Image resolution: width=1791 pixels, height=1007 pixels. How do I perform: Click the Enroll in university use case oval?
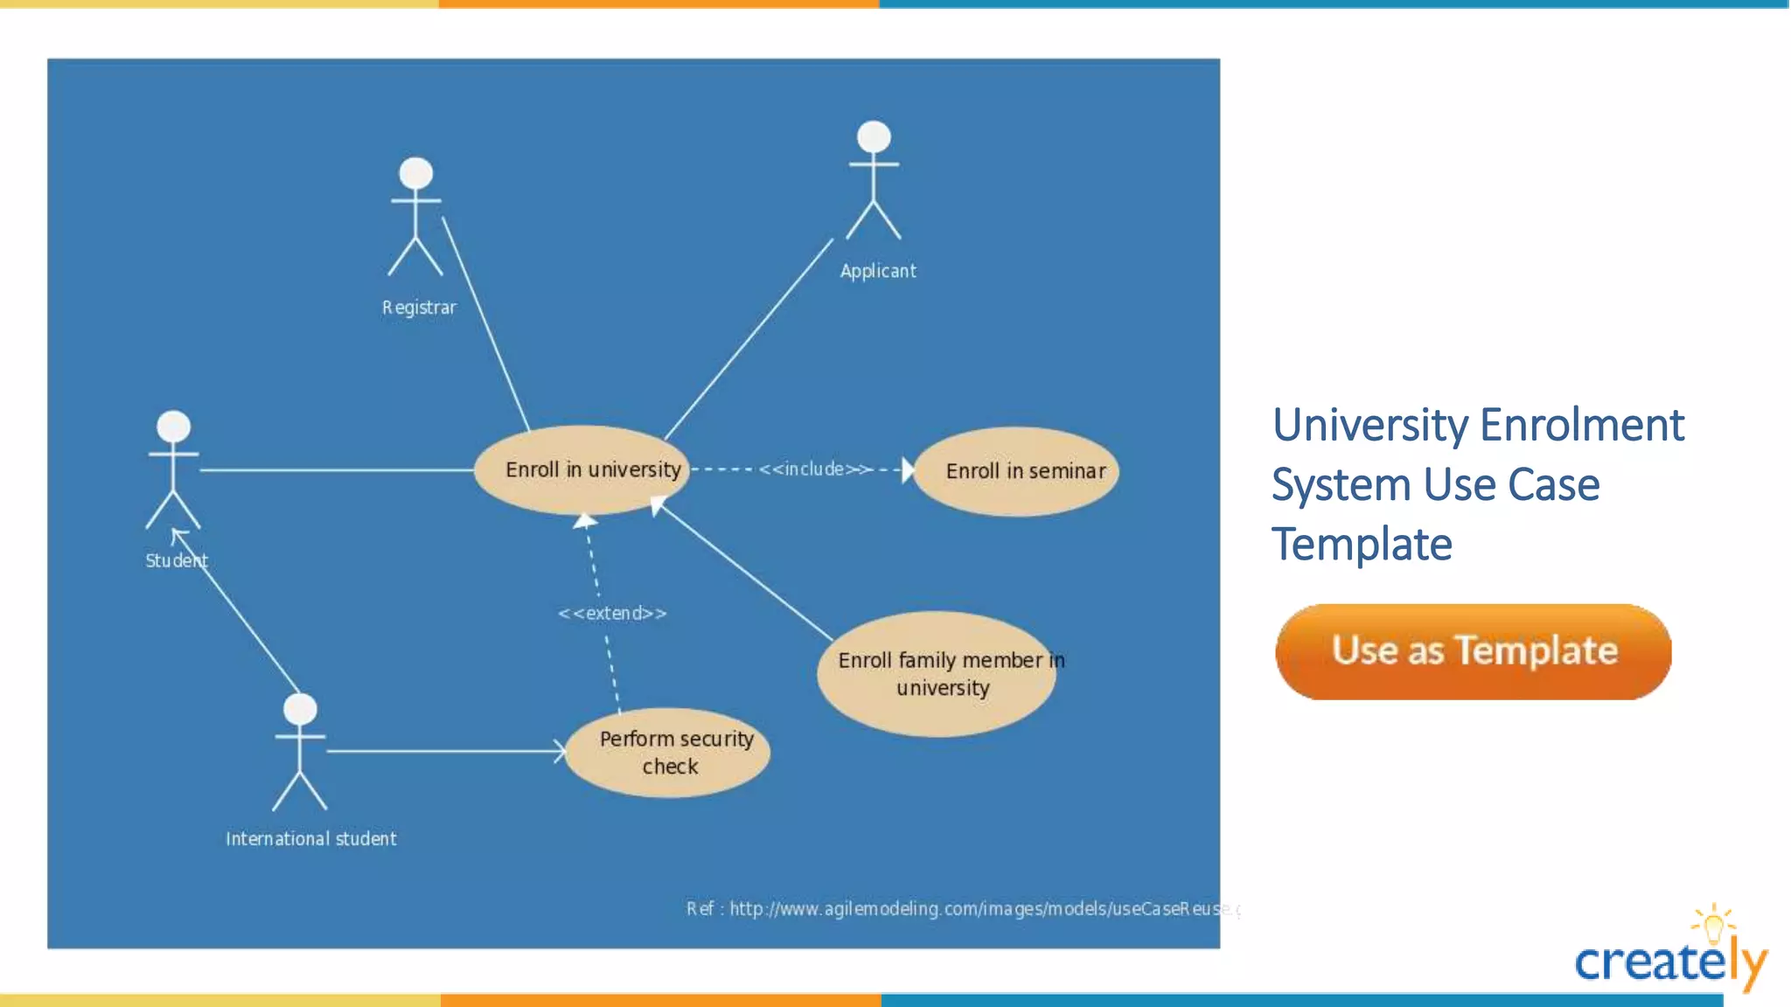(582, 469)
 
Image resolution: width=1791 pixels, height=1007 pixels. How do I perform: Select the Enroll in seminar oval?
(1016, 471)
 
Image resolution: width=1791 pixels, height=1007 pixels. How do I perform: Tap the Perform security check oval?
(668, 753)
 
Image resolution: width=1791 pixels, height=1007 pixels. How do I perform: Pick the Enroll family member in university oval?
(937, 674)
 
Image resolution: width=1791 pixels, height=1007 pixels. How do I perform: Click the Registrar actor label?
(419, 308)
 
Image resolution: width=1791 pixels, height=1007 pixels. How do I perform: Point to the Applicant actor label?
(878, 271)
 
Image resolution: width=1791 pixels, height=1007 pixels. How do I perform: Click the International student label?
(310, 839)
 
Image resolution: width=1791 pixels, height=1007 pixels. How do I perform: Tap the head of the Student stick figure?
(173, 426)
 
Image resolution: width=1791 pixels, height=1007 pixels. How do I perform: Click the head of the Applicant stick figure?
(874, 136)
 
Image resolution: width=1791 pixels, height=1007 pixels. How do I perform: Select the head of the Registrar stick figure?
(416, 172)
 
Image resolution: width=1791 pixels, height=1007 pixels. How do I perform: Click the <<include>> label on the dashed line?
(814, 469)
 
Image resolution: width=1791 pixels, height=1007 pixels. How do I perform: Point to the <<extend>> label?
(612, 614)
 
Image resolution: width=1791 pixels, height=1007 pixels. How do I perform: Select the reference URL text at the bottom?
(962, 909)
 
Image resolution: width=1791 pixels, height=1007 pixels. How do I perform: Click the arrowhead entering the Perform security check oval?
(561, 751)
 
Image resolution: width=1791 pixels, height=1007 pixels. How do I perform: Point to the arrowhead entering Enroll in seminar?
(908, 470)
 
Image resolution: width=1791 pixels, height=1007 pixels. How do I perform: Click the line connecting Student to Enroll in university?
(337, 470)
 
